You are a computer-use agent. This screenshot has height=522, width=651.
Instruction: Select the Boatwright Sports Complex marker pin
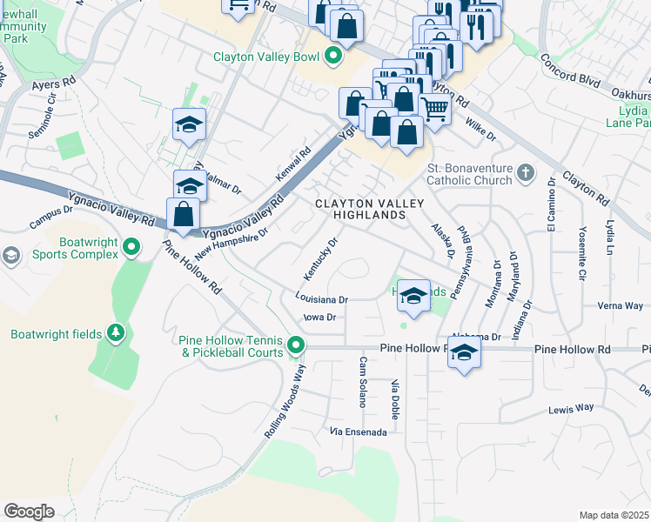(131, 248)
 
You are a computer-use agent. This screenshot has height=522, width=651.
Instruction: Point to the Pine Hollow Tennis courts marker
(296, 346)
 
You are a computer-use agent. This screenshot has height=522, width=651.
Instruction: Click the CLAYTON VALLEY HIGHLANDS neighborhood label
(369, 209)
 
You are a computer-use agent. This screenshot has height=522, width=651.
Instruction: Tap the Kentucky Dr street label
(320, 259)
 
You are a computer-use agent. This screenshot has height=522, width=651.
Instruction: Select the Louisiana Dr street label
(321, 298)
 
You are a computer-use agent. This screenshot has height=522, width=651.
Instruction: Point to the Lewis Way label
(570, 407)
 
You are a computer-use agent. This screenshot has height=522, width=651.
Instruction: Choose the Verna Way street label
(620, 305)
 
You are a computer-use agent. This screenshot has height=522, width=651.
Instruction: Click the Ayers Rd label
(54, 86)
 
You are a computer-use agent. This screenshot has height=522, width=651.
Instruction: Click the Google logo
(29, 511)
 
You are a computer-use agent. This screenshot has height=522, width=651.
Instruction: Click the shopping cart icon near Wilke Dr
(434, 110)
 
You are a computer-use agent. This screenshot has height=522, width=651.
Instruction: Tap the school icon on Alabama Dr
(465, 353)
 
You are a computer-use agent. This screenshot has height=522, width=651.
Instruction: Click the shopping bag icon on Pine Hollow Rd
(184, 213)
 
